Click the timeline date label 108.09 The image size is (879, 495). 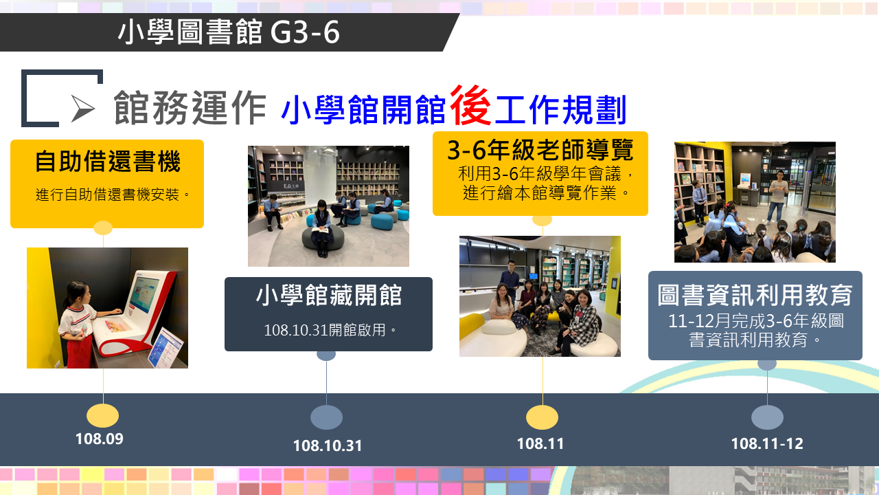(x=100, y=439)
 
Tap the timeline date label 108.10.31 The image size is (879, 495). (x=328, y=445)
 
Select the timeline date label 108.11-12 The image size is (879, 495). (x=767, y=443)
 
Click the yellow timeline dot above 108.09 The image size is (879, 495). (x=102, y=416)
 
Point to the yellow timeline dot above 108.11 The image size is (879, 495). (x=542, y=417)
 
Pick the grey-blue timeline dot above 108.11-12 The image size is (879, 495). (x=767, y=417)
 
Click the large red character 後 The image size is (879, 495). (x=470, y=105)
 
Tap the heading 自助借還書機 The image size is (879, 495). (x=108, y=161)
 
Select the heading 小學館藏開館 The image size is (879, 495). (x=329, y=295)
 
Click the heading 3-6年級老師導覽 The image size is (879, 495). (x=540, y=150)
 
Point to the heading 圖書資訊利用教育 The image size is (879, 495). (x=755, y=295)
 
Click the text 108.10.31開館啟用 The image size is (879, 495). (x=325, y=330)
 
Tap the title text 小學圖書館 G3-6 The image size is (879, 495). (x=229, y=32)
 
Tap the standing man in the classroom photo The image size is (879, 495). (x=777, y=197)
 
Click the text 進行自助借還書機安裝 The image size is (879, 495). (x=108, y=195)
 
